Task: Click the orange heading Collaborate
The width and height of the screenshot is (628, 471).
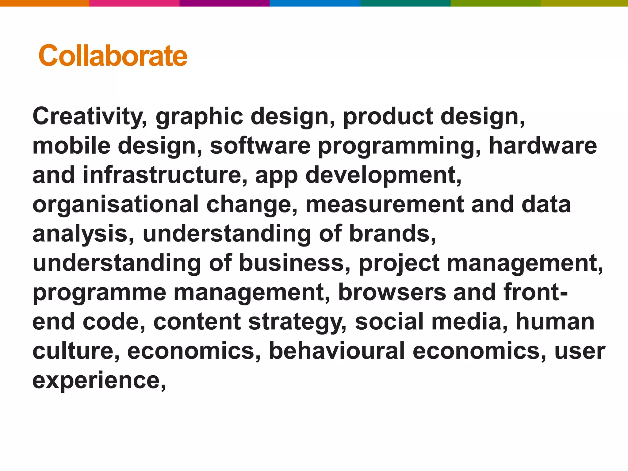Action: (x=113, y=56)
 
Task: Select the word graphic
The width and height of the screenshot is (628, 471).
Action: (x=199, y=117)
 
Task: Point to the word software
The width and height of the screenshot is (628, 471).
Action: (x=260, y=146)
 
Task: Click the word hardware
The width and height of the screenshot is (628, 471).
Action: (x=543, y=146)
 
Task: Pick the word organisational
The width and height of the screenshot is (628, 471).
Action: (x=115, y=204)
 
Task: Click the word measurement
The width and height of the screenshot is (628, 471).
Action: (x=385, y=204)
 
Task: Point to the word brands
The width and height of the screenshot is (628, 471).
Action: (x=392, y=234)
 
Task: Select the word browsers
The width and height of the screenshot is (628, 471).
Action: (x=392, y=292)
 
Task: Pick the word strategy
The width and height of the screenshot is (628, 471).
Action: (x=297, y=322)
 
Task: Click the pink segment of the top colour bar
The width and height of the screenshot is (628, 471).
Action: (x=134, y=3)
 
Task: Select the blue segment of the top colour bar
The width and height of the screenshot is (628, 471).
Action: (x=315, y=3)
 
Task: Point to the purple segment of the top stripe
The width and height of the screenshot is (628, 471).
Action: (x=224, y=3)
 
